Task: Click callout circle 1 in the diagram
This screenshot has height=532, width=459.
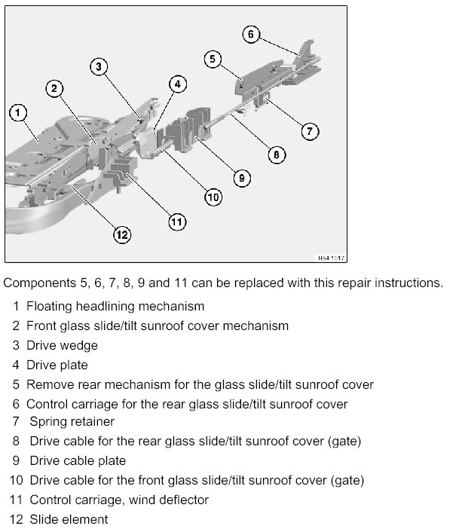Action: click(x=18, y=115)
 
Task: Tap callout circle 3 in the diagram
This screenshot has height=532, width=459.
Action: click(x=99, y=67)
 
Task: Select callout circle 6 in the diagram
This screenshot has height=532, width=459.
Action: click(x=252, y=35)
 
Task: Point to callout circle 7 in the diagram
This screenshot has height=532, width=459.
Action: click(x=311, y=131)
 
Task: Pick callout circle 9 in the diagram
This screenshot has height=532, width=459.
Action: click(x=240, y=178)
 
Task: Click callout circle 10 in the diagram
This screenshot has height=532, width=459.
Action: click(x=213, y=197)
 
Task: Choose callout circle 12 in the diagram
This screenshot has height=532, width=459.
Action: click(x=121, y=234)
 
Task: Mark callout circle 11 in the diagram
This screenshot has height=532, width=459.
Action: click(x=176, y=222)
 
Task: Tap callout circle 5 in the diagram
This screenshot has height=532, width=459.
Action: click(x=213, y=59)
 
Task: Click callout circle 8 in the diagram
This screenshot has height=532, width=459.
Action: click(x=277, y=155)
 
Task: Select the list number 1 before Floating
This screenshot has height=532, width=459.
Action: click(x=16, y=307)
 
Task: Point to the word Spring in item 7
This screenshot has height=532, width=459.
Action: click(x=47, y=422)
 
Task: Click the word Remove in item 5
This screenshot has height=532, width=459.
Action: click(x=50, y=384)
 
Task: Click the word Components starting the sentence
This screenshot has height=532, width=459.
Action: click(x=37, y=283)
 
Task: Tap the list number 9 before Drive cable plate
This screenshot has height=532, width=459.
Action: click(x=16, y=460)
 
